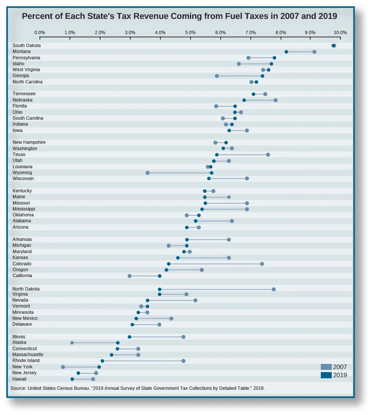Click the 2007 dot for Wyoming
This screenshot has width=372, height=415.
click(148, 173)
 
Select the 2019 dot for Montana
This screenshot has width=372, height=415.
click(286, 52)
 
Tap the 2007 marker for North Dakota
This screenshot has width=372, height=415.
click(274, 289)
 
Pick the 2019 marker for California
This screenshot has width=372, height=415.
click(159, 276)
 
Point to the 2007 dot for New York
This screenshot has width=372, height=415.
click(63, 367)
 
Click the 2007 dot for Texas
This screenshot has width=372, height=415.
click(268, 155)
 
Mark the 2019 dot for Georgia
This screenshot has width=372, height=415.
click(262, 76)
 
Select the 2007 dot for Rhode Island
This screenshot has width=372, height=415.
click(183, 361)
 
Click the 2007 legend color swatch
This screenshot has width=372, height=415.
click(326, 367)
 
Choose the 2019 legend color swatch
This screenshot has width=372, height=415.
click(326, 375)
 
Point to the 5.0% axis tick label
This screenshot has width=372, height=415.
click(190, 33)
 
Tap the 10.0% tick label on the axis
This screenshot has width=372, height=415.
click(340, 33)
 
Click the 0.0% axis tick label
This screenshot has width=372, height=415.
click(40, 33)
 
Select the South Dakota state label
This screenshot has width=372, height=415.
click(27, 46)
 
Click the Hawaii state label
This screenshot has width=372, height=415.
click(19, 379)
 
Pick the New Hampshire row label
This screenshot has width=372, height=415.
click(29, 142)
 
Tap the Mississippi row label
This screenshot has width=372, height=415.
click(24, 209)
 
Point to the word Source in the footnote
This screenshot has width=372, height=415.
click(18, 388)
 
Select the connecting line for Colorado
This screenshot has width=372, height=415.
click(215, 264)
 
